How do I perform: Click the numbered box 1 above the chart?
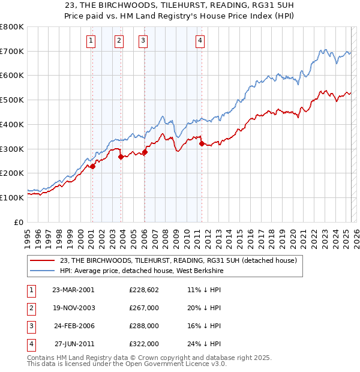pyautogui.click(x=91, y=41)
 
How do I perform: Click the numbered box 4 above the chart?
pyautogui.click(x=200, y=41)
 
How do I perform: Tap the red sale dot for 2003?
pyautogui.click(x=121, y=157)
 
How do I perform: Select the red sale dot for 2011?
pyautogui.click(x=202, y=143)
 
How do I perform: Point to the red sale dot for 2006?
pyautogui.click(x=145, y=152)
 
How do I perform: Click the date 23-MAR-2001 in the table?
pyautogui.click(x=73, y=290)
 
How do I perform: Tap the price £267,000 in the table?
pyautogui.click(x=144, y=308)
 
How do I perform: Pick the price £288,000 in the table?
pyautogui.click(x=144, y=326)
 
